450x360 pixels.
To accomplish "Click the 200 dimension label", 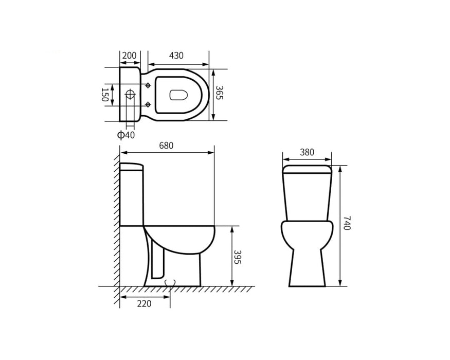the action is pos(129,56).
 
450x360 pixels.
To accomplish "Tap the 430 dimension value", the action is pos(176,56).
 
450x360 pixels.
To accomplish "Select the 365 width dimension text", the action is pos(219,93).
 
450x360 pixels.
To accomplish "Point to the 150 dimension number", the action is pos(104,95).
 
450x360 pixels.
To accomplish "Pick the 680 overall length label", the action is pos(167,146).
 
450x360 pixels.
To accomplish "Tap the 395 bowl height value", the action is pos(237,257).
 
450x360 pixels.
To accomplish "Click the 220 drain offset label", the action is pos(144,303).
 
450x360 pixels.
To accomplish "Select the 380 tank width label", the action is pos(307,152).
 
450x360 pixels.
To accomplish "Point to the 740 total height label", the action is pos(347,223).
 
